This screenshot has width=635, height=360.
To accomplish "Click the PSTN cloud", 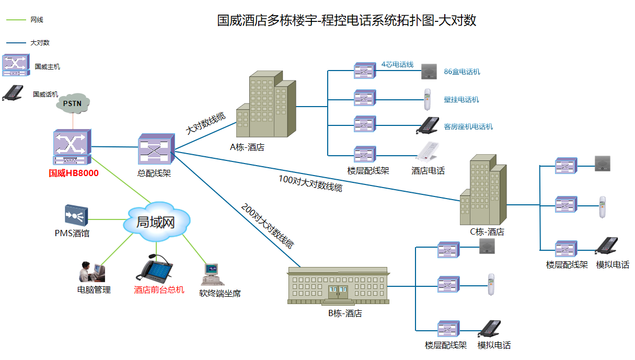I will tap(73, 103).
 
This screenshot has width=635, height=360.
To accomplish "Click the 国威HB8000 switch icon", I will tap(72, 147).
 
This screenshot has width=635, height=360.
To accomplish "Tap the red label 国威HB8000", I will tap(74, 173).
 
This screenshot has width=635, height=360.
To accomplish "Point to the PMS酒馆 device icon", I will tap(76, 215).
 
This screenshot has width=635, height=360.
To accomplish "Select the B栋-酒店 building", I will tap(338, 286).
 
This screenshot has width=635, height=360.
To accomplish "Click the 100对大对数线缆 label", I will tap(310, 183).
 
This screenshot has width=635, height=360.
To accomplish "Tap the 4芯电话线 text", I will tap(397, 64).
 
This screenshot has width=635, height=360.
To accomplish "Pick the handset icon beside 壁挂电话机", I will tap(428, 99).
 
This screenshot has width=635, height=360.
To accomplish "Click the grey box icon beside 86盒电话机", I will tap(429, 71).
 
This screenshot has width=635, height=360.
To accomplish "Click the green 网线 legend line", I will tap(16, 20).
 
